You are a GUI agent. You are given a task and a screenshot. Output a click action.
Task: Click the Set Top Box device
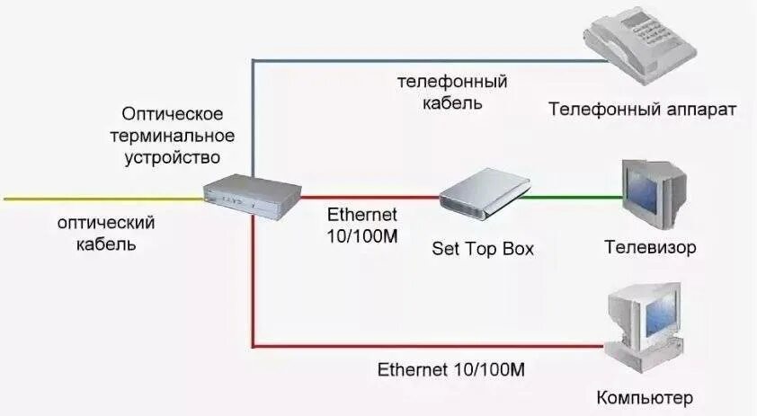[x=485, y=194]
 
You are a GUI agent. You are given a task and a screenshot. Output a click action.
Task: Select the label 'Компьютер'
[x=645, y=397]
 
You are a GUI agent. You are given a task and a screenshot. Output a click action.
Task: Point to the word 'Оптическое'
[x=172, y=116]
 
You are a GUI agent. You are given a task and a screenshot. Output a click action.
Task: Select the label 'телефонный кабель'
[x=452, y=92]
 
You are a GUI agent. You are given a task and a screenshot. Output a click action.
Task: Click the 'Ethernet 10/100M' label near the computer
[x=451, y=368]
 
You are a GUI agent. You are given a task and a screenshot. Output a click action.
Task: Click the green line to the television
[x=575, y=196]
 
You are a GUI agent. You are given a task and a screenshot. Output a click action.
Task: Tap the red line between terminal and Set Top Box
[x=369, y=197]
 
